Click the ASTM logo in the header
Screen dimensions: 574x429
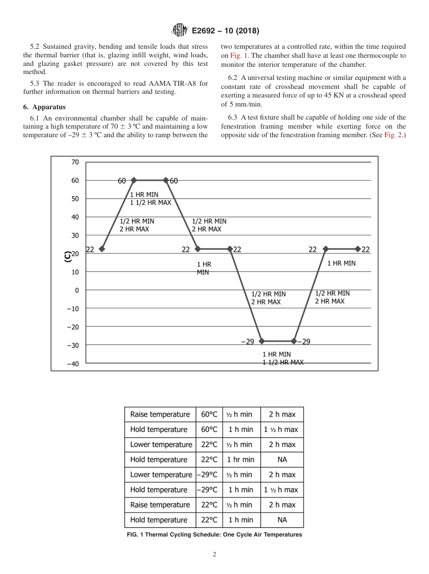[x=180, y=30]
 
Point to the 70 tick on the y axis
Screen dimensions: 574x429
[x=75, y=162]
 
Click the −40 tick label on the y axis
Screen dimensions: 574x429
[x=73, y=364]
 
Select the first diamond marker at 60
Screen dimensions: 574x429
[x=134, y=180]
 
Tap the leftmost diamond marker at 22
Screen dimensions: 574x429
[x=102, y=249]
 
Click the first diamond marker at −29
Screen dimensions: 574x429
[x=261, y=341]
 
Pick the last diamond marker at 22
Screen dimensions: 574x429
[x=358, y=249]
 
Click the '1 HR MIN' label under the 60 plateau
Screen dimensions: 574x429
[x=144, y=194]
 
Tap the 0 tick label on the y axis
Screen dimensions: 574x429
[x=76, y=290]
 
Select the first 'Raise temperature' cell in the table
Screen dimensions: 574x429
[x=160, y=414]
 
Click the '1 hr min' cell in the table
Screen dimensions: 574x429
[x=241, y=459]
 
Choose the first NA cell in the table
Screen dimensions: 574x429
[x=282, y=459]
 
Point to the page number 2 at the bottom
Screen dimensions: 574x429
[x=214, y=555]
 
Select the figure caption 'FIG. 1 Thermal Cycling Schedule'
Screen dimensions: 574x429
[x=214, y=535]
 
